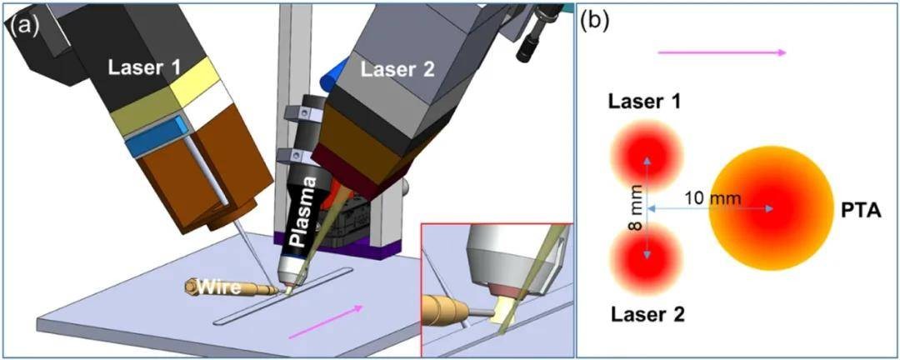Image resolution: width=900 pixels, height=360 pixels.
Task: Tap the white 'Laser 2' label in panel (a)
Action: [397, 71]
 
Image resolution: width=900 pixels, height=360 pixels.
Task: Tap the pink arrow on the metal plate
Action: [326, 322]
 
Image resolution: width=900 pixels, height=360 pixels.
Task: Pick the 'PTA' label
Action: [856, 208]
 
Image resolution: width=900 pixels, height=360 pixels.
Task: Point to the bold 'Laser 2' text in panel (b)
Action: [647, 314]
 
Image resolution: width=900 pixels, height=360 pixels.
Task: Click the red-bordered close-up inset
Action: [496, 287]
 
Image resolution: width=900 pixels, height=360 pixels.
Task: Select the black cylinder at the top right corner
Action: [529, 42]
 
